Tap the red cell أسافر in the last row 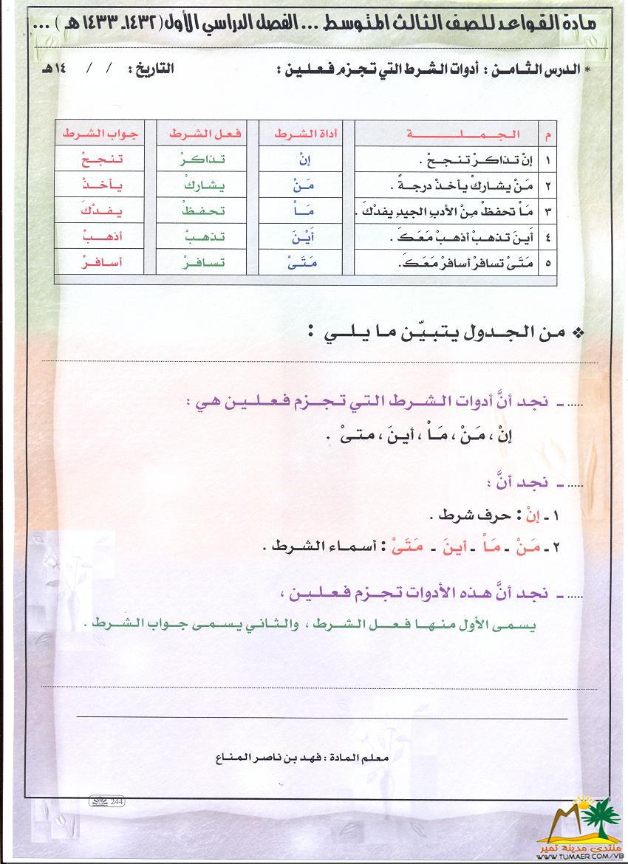[102, 261]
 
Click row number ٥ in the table [548, 262]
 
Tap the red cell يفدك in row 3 [102, 210]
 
